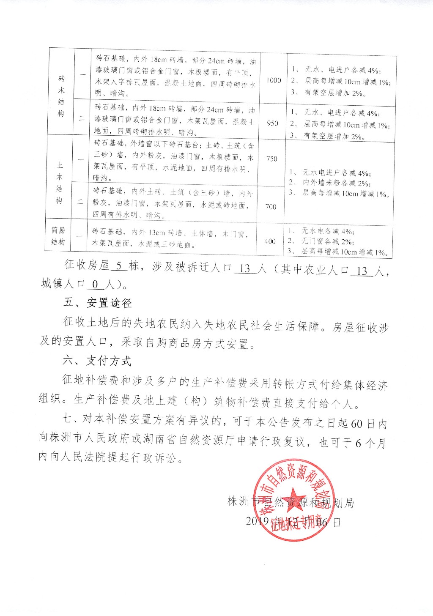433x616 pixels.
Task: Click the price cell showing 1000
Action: (274, 80)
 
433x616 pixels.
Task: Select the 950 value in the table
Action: (273, 123)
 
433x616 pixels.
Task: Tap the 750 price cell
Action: (272, 159)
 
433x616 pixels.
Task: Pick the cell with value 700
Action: (271, 206)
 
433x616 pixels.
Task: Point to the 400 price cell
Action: (270, 241)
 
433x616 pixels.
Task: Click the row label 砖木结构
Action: (62, 96)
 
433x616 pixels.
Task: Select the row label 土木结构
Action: (59, 183)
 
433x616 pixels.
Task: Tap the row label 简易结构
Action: (58, 236)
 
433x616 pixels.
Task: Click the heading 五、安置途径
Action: (97, 303)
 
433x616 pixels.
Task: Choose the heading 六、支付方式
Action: (97, 361)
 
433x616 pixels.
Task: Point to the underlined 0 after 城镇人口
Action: (95, 285)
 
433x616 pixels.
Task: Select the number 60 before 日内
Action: (357, 424)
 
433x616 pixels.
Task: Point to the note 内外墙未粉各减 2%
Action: (337, 183)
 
